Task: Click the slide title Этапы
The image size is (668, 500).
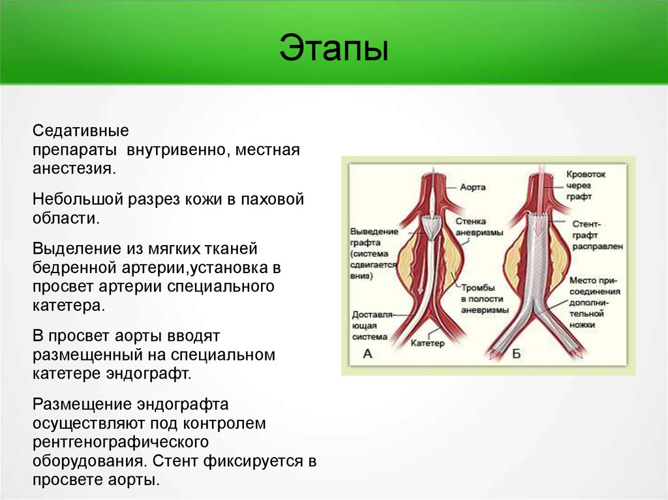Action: [x=334, y=48]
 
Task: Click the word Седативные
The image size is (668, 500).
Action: [x=80, y=130]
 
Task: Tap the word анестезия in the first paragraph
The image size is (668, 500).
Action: [x=74, y=169]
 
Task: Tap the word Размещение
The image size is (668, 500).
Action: [x=82, y=404]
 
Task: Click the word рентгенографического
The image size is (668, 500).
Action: [x=121, y=442]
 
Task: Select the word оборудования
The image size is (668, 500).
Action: [x=89, y=462]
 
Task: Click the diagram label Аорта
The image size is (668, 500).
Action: [x=472, y=187]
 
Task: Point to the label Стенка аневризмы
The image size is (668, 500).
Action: [x=479, y=227]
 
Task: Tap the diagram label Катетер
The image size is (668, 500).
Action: [x=427, y=343]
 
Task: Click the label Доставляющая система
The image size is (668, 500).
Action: [x=371, y=326]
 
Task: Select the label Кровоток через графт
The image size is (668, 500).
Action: [x=585, y=185]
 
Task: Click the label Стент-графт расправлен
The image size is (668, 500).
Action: [x=598, y=235]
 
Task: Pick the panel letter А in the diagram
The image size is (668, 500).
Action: [x=367, y=353]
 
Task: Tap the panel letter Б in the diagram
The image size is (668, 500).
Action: [x=516, y=353]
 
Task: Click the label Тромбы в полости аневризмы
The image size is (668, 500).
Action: [x=485, y=299]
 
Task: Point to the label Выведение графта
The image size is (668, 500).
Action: [x=374, y=254]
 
